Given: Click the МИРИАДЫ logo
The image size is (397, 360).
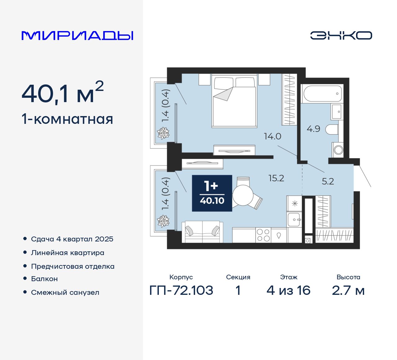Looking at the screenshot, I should coord(78,36).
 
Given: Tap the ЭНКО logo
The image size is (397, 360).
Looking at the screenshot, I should coord(341,35).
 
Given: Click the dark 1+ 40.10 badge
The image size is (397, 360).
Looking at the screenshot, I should coord(212,193).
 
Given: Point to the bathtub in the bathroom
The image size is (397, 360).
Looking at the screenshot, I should coord(323,93).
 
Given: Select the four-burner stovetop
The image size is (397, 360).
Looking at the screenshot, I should coord(263,235).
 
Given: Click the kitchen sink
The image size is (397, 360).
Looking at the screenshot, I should coord(294,220).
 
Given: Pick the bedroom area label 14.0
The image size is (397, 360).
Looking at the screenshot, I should coord(272,136).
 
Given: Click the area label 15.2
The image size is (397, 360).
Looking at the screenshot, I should coord(276,178).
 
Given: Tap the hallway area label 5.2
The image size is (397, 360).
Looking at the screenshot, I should coord(328,181).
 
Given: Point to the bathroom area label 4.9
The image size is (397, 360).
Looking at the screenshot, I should coord(313,129).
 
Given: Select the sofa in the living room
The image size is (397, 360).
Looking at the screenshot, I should coord(202,232).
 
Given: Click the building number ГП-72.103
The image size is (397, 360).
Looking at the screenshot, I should coord(181,290).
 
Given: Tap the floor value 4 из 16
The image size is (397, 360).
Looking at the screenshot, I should coord(288,290).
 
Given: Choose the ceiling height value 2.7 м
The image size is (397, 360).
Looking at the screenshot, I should coord(348,290).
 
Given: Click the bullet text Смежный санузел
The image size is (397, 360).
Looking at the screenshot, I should coord(65,292).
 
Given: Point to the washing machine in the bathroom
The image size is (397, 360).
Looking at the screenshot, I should coord(338,150).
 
